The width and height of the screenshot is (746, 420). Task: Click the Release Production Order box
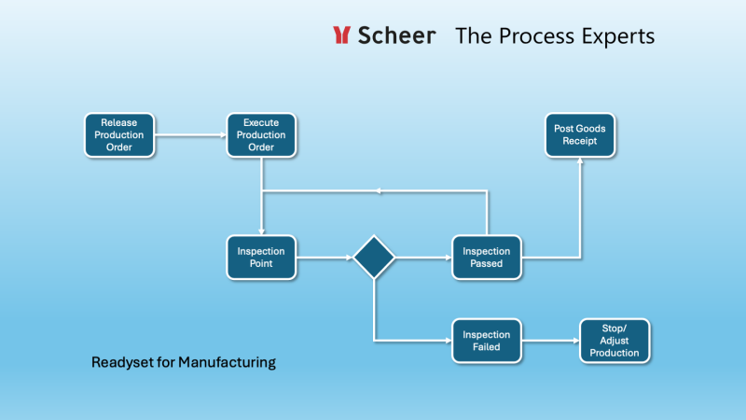[119, 134]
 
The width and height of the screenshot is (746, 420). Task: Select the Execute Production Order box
[262, 134]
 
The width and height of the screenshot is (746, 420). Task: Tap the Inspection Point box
[261, 257]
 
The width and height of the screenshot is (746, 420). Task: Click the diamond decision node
[374, 257]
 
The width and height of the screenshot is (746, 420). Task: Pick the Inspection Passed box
[487, 257]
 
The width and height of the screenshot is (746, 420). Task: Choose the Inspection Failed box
[487, 341]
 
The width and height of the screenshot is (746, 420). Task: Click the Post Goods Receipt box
[580, 134]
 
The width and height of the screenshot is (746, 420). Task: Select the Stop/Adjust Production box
[615, 341]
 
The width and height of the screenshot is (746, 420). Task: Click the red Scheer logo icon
[341, 35]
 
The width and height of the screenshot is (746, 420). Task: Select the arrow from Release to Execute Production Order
[190, 134]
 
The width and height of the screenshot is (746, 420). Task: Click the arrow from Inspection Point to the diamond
[325, 257]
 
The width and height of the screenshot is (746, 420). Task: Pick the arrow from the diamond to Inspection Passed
[423, 257]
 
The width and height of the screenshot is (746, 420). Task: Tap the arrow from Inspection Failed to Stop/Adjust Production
[550, 341]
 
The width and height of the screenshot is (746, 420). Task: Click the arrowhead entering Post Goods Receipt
[580, 161]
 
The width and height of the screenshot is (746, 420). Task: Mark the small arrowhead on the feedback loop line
[378, 191]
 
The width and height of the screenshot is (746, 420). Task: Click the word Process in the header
[536, 35]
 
